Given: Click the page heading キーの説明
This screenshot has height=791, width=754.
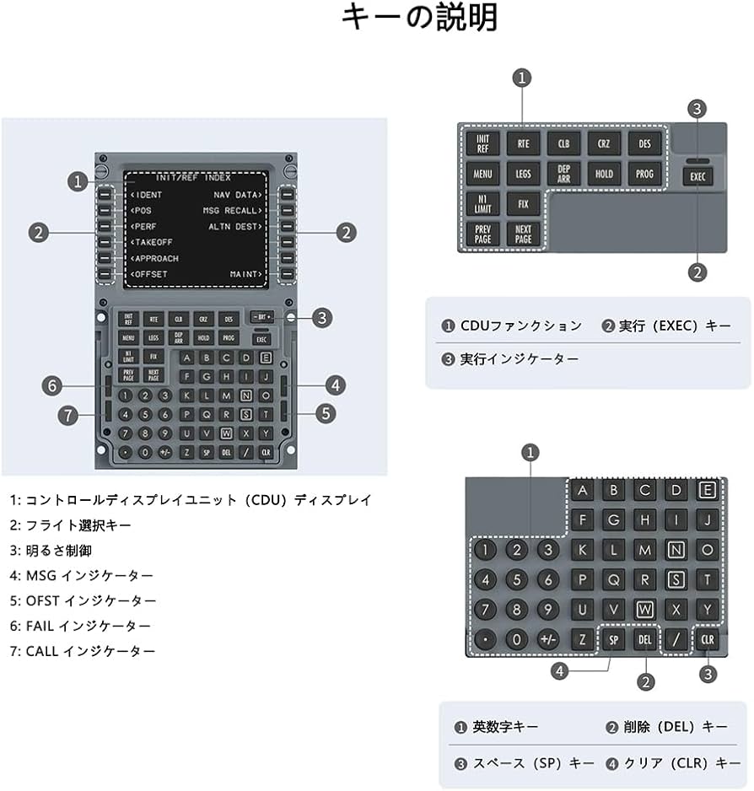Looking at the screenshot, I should tap(419, 19).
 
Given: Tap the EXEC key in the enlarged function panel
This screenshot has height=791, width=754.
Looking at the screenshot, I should tap(698, 178).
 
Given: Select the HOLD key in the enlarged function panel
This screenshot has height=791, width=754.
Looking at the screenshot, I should tap(605, 174).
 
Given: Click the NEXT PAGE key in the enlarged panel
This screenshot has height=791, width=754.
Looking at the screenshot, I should tap(523, 234).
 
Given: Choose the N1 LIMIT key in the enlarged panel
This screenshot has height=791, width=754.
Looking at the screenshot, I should tap(482, 204).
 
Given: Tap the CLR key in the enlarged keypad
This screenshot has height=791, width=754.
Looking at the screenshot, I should tap(707, 639).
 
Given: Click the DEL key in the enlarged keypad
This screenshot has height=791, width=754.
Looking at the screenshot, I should tap(645, 639).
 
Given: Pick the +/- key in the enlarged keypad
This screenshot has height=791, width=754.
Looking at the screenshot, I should tap(548, 639).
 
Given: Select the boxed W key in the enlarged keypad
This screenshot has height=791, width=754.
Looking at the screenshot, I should tap(645, 608).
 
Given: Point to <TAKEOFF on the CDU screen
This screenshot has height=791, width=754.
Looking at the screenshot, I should tap(152, 242).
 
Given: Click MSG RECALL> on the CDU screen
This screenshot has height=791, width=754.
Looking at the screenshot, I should tap(233, 210).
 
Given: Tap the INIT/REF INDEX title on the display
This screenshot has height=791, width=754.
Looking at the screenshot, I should tap(193, 178).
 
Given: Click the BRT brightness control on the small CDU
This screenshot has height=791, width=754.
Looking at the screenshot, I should tap(261, 317).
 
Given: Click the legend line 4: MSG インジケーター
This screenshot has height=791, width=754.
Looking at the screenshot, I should tap(82, 575).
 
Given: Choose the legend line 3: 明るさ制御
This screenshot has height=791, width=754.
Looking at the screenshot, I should tap(51, 550).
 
